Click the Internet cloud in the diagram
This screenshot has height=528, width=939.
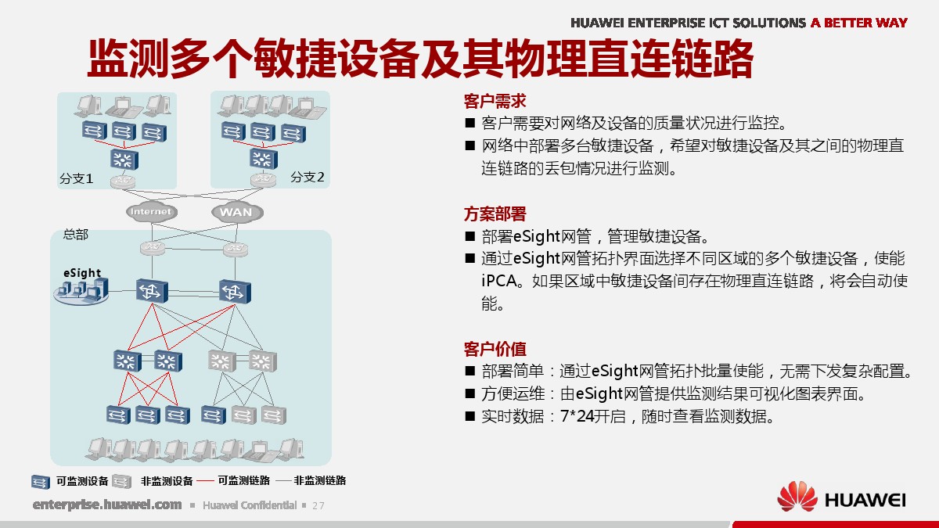click(151, 212)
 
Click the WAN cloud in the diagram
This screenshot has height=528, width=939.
click(237, 212)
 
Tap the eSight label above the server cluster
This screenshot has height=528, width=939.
click(82, 273)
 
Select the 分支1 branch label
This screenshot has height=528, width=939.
click(77, 178)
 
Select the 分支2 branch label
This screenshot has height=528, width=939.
click(308, 177)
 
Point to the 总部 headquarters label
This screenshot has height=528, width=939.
click(75, 234)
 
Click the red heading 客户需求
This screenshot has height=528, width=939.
click(495, 102)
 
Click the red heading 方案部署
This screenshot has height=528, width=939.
click(495, 214)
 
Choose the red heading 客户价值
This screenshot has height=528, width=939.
click(495, 349)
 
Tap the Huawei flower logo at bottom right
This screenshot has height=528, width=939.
click(797, 496)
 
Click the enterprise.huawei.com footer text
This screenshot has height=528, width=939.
click(107, 505)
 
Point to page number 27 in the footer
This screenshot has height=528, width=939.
click(318, 506)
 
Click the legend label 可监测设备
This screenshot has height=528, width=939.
click(83, 481)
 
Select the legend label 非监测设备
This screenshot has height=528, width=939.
click(167, 481)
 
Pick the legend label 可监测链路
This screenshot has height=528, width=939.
click(244, 480)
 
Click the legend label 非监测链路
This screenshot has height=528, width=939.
click(320, 480)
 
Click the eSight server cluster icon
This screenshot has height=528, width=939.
click(81, 291)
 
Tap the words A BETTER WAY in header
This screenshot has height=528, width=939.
click(859, 23)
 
